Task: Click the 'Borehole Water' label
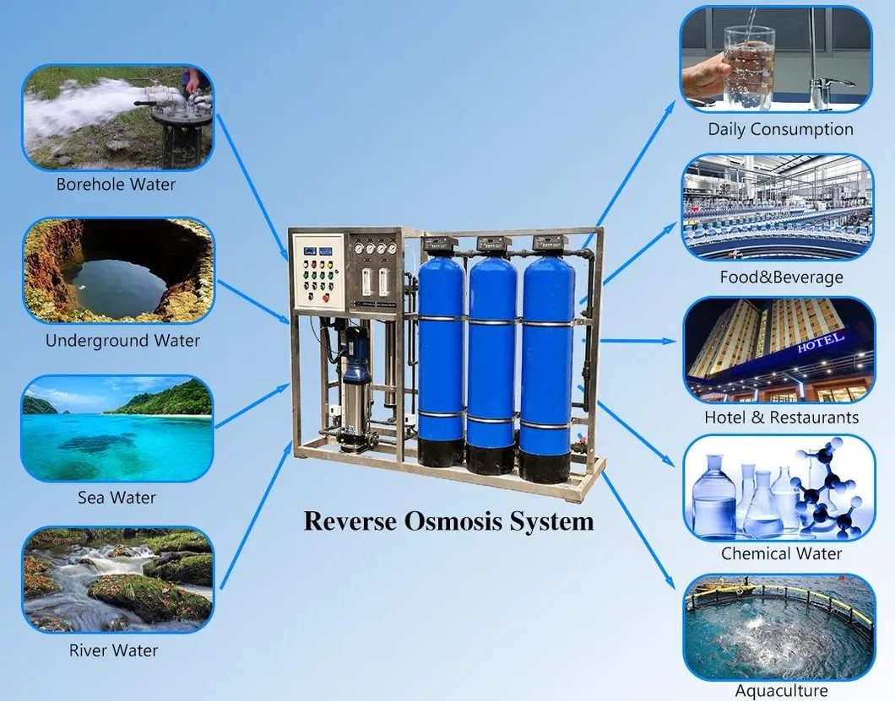tap(116, 184)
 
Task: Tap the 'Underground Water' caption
tap(122, 341)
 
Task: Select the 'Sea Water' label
tap(117, 498)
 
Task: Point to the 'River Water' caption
tap(114, 650)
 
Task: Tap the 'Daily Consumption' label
tap(780, 129)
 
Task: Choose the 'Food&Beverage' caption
tap(781, 278)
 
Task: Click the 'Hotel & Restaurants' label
tap(781, 418)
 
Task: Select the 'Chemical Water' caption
tap(781, 553)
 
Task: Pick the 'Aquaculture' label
tap(781, 691)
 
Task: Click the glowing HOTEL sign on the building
tap(820, 342)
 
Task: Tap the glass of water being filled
tap(749, 67)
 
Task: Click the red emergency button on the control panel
tap(326, 297)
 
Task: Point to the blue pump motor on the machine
tap(354, 354)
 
